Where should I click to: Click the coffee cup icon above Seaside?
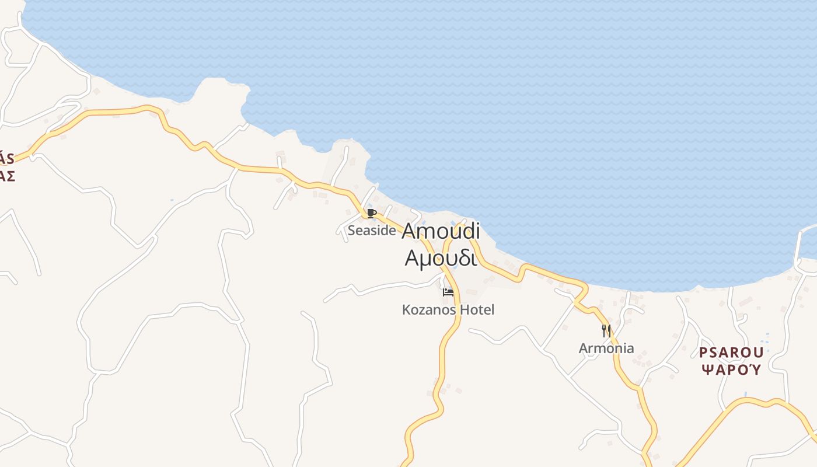pos(371,213)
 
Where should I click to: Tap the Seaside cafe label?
pos(372,231)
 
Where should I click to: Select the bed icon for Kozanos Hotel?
pos(448,292)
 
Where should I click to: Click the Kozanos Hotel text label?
pos(448,310)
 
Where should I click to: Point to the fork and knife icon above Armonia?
pos(606,331)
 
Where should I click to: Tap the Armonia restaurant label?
pos(606,348)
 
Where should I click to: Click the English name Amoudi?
pos(441,231)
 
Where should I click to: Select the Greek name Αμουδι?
pos(441,257)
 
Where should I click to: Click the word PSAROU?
pos(731,353)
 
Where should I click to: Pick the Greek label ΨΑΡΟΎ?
pos(731,370)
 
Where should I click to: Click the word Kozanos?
pos(429,310)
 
